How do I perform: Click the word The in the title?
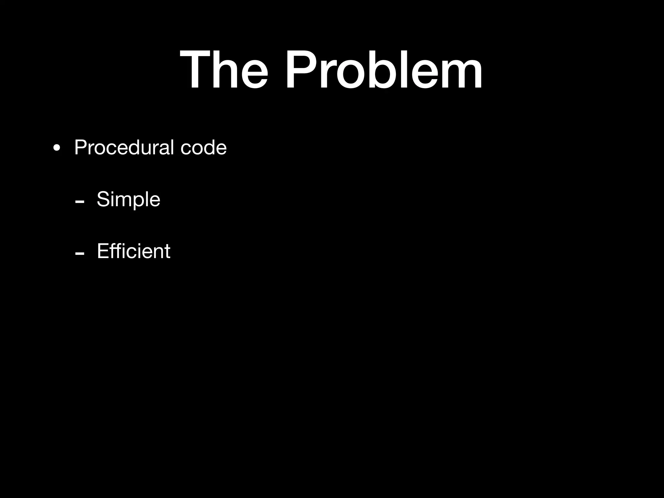pyautogui.click(x=224, y=69)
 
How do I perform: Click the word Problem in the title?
pyautogui.click(x=384, y=69)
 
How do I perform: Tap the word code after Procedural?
pyautogui.click(x=203, y=148)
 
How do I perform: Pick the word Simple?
pyautogui.click(x=128, y=200)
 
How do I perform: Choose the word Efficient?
pyautogui.click(x=133, y=251)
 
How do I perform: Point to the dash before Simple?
pyautogui.click(x=79, y=202)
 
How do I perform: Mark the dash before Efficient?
pyautogui.click(x=79, y=253)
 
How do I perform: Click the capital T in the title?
pyautogui.click(x=196, y=69)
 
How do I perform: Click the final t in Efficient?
pyautogui.click(x=167, y=252)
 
